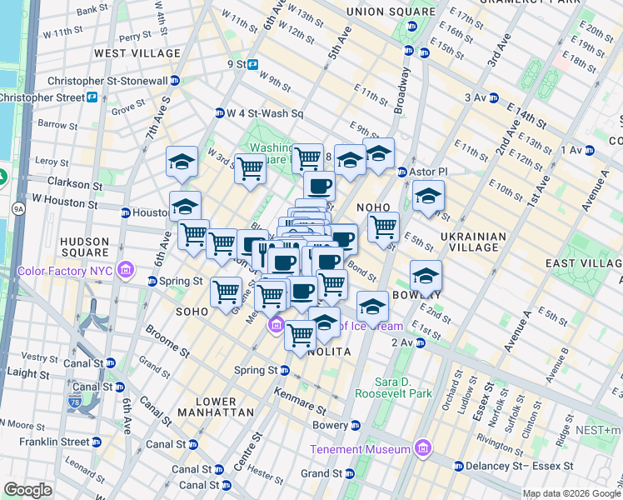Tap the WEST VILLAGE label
pyautogui.click(x=137, y=53)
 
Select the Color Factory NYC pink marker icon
pyautogui.click(x=126, y=270)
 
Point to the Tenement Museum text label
pyautogui.click(x=360, y=449)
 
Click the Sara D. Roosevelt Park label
pyautogui.click(x=393, y=386)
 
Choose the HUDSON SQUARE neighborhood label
pyautogui.click(x=85, y=247)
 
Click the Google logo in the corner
pyautogui.click(x=27, y=490)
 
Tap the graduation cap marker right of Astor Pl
pyautogui.click(x=428, y=197)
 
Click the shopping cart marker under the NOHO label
pyautogui.click(x=383, y=227)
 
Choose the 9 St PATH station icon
pyautogui.click(x=251, y=64)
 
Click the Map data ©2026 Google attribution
pyautogui.click(x=571, y=493)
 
